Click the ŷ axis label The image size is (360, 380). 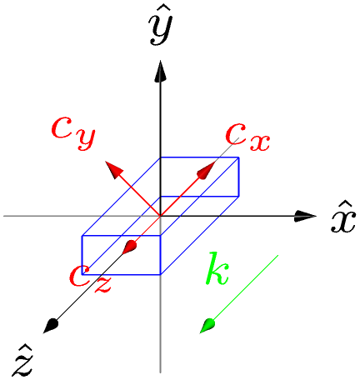(161, 27)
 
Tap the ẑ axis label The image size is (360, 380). (23, 361)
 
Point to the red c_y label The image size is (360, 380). (73, 132)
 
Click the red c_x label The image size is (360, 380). (247, 137)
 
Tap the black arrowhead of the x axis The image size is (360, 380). (305, 216)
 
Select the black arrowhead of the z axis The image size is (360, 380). (51, 326)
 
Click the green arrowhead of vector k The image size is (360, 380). (207, 326)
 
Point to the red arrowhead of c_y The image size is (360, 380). (114, 169)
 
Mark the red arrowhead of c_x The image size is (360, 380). (206, 171)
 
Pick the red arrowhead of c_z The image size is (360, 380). (129, 247)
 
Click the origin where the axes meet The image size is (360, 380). (161, 216)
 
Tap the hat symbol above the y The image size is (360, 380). (161, 17)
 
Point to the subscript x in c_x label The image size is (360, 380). (259, 142)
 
